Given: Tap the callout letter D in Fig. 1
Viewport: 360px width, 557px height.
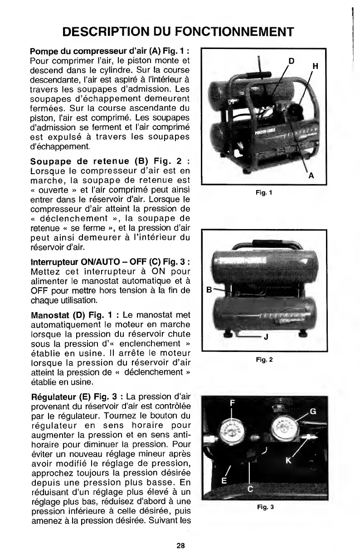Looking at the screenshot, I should click(292, 60).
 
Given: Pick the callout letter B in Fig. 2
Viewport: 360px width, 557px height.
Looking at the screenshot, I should click(209, 288).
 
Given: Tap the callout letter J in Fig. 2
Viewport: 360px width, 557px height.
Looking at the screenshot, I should click(266, 337).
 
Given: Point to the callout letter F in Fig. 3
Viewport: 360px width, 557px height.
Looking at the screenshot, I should click(233, 402).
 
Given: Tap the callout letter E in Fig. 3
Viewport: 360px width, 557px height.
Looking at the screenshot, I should click(224, 480).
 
